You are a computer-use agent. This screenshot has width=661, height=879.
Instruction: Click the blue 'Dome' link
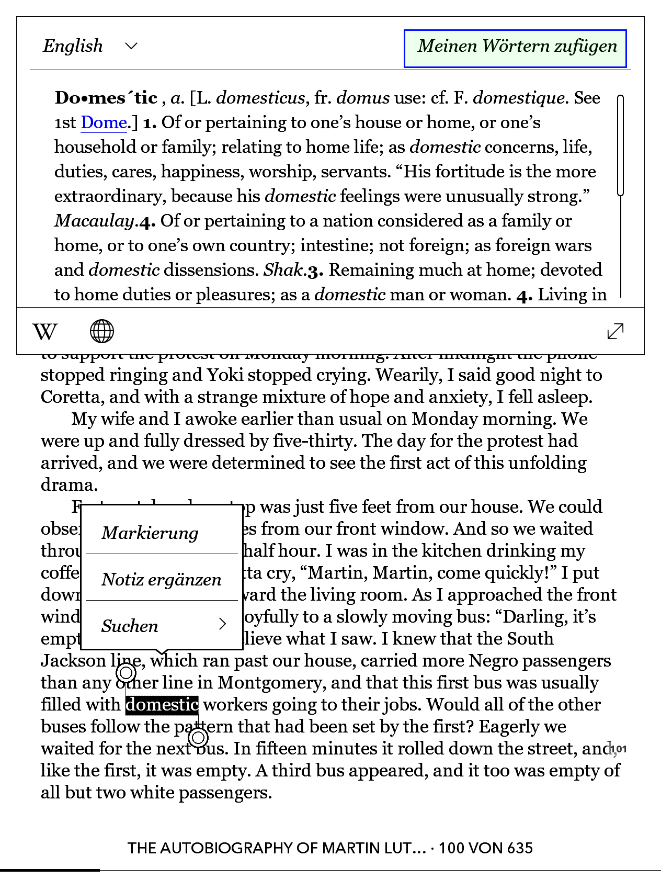point(104,123)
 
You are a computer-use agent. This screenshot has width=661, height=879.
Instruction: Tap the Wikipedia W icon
point(45,331)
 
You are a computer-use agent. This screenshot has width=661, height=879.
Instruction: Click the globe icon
point(102,331)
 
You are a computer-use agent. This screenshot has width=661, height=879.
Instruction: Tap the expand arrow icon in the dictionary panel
point(616,331)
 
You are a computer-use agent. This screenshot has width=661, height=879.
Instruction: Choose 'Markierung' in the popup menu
point(151,533)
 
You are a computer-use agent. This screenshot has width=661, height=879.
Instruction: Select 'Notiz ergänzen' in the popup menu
point(162,580)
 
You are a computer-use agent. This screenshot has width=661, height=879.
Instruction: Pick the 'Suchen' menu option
point(162,626)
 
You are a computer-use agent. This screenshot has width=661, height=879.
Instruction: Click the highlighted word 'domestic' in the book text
point(162,705)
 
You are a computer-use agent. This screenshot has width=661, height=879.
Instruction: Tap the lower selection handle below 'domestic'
point(198,738)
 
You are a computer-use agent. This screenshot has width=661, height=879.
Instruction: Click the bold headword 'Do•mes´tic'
point(106,98)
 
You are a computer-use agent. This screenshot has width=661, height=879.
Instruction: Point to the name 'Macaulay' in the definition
point(95,221)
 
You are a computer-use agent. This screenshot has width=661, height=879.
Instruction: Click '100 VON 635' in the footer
point(485,848)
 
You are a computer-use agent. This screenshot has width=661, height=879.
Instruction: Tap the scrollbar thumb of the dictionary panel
point(621,145)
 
